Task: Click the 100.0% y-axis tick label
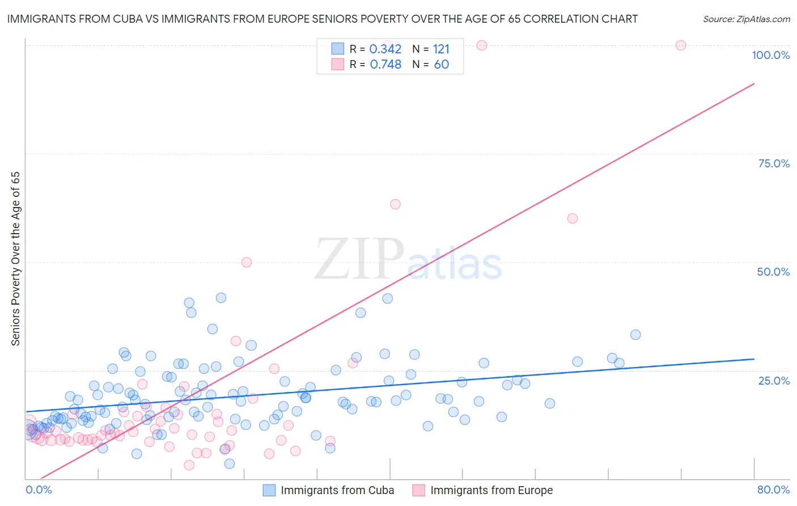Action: coord(770,55)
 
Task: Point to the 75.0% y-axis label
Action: coord(774,163)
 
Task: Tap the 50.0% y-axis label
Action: coord(773,272)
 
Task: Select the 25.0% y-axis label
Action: coord(774,381)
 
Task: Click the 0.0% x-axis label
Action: coord(39,490)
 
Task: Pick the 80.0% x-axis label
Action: coord(773,490)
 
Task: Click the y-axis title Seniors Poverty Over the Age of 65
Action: coord(15,258)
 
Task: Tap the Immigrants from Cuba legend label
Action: coord(337,490)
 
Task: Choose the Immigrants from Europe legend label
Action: coord(491,490)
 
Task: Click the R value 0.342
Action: coord(385,49)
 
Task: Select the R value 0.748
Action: coord(385,65)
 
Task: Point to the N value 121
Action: coord(441,49)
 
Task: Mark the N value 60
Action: coord(441,65)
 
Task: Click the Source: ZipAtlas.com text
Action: coord(746,19)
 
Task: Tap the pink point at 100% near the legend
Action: coord(482,45)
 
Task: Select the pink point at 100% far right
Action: coord(681,45)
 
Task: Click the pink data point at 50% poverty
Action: coord(247,262)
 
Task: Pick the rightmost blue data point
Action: coord(635,335)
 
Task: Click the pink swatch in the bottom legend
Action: coord(418,490)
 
